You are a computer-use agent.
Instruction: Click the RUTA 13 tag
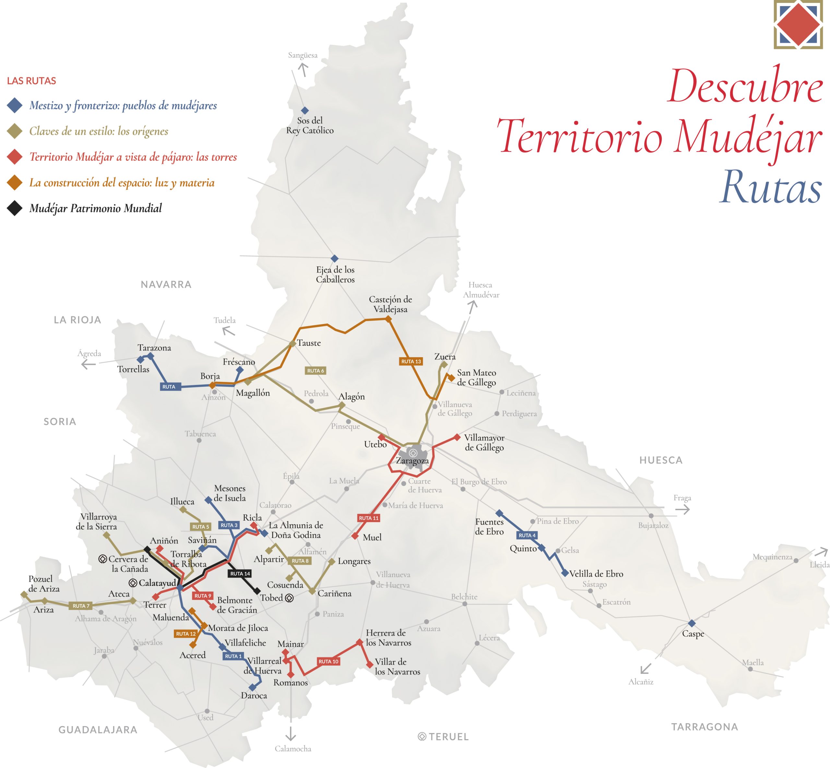click(x=411, y=361)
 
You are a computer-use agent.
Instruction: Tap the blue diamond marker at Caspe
click(x=692, y=623)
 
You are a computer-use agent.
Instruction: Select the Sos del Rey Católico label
click(x=310, y=125)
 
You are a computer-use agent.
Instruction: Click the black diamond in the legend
click(x=15, y=208)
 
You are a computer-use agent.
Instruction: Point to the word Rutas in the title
click(x=771, y=187)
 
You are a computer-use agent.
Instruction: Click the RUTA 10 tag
click(x=328, y=661)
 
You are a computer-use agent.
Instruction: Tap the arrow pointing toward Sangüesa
click(x=303, y=69)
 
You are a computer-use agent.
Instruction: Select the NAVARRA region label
click(x=166, y=285)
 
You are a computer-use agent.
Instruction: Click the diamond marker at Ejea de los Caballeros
click(x=334, y=259)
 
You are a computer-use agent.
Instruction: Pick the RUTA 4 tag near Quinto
click(x=527, y=535)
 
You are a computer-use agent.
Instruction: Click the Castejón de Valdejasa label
click(x=390, y=304)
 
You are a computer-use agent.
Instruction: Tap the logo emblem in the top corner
click(x=798, y=25)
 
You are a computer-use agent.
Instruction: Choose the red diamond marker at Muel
click(x=355, y=536)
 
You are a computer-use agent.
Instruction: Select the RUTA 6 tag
click(x=315, y=370)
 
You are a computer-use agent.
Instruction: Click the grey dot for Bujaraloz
click(x=651, y=516)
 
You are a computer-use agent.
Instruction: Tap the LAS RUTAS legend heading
click(x=31, y=81)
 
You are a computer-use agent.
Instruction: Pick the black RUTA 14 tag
click(x=240, y=574)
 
